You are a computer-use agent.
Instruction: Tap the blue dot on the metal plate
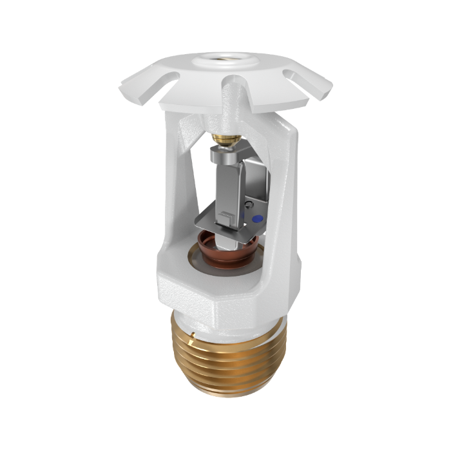coord(258,220)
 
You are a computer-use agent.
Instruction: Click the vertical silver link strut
coord(231,187)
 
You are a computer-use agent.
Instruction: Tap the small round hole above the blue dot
coord(250,207)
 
